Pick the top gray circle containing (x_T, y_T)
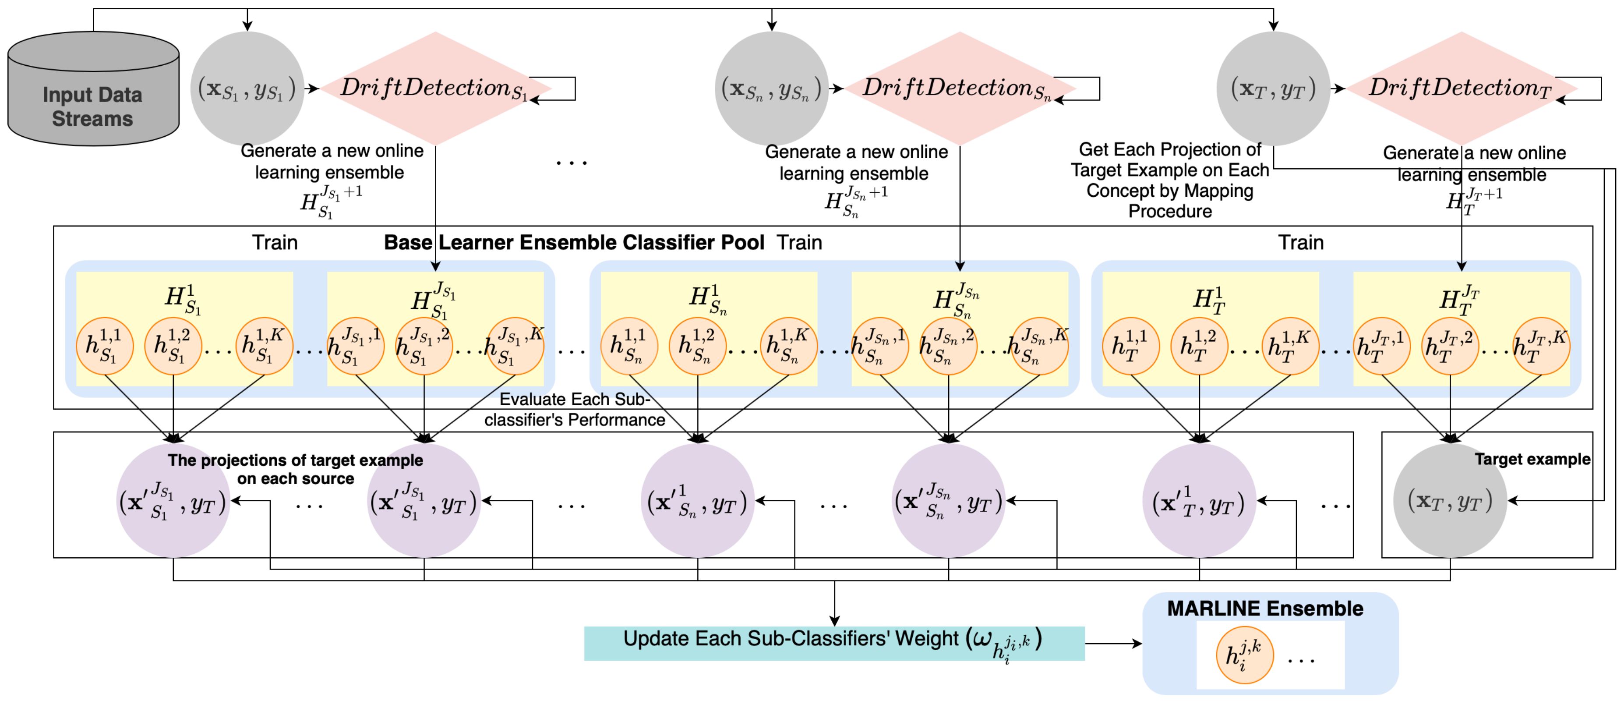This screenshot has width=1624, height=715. (1273, 88)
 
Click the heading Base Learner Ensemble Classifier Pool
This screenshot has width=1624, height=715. (574, 242)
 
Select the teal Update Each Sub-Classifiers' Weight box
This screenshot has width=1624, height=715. (833, 642)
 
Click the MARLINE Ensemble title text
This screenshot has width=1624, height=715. (1265, 609)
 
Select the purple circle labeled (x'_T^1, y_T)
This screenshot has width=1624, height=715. (1198, 501)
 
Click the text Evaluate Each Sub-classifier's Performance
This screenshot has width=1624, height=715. (574, 410)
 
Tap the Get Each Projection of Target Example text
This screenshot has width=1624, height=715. (1169, 180)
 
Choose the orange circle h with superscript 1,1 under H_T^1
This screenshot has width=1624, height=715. (1131, 346)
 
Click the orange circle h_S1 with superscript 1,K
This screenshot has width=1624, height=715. (264, 346)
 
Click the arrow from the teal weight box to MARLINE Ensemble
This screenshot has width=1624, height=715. (1113, 643)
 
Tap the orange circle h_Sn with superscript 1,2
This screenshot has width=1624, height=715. (697, 346)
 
